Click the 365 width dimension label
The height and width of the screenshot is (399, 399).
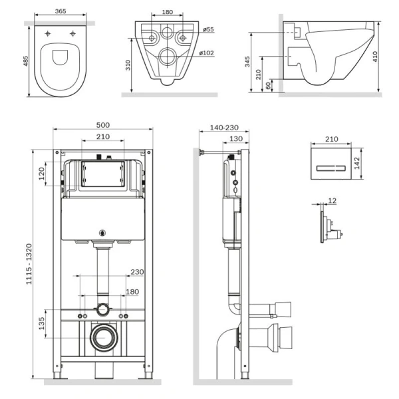click(x=61, y=11)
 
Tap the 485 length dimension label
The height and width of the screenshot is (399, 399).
click(x=26, y=61)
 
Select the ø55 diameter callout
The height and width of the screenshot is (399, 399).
click(x=208, y=29)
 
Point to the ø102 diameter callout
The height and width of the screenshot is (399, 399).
click(x=207, y=53)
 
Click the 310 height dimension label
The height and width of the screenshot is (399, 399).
click(x=128, y=65)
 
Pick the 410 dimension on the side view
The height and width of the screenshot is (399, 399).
click(x=375, y=57)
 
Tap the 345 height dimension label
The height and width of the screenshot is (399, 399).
click(x=247, y=62)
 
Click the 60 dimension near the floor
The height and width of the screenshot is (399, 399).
click(x=268, y=86)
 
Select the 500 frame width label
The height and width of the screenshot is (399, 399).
click(x=103, y=125)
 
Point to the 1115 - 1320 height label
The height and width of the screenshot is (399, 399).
click(x=29, y=264)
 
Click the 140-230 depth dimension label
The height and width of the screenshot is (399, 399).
click(x=224, y=128)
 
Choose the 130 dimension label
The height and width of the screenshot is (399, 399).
click(x=236, y=139)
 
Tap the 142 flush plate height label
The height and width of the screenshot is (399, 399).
click(x=356, y=163)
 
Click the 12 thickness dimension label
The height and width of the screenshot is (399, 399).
click(x=332, y=201)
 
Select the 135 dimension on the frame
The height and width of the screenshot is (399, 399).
click(x=41, y=324)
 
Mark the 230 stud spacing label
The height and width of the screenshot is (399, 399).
click(x=137, y=272)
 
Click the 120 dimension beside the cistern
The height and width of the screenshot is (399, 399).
click(x=41, y=174)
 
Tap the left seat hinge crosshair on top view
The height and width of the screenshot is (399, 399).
click(x=48, y=34)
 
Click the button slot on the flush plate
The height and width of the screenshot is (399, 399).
click(x=331, y=168)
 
